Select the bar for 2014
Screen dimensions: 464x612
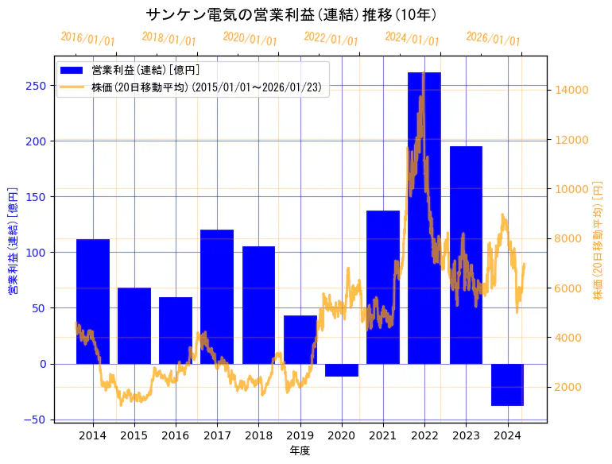click(x=93, y=301)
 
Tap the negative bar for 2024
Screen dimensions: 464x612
click(x=507, y=385)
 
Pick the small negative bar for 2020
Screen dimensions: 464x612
click(x=341, y=370)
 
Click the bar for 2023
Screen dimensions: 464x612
click(x=466, y=254)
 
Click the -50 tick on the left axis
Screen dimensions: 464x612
click(x=37, y=420)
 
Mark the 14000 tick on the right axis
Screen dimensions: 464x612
click(x=572, y=90)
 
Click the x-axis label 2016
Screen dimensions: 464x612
click(x=176, y=435)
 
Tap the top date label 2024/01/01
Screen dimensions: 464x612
click(x=412, y=38)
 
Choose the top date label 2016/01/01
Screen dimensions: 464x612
click(x=87, y=38)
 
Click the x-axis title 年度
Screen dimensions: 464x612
click(x=300, y=450)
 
